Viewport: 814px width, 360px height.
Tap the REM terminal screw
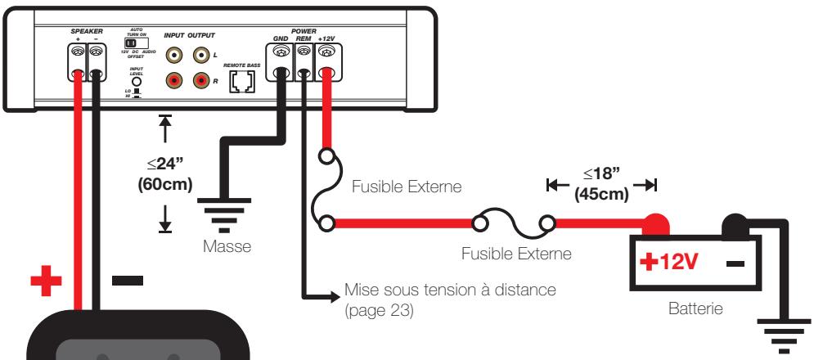click(304, 52)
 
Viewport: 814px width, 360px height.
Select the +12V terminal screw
click(326, 52)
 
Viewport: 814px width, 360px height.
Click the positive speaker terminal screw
click(79, 52)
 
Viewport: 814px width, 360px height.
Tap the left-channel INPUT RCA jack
click(174, 56)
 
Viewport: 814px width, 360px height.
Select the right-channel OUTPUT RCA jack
click(200, 81)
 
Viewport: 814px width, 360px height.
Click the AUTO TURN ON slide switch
click(129, 41)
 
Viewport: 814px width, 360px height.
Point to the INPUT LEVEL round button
click(137, 81)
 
